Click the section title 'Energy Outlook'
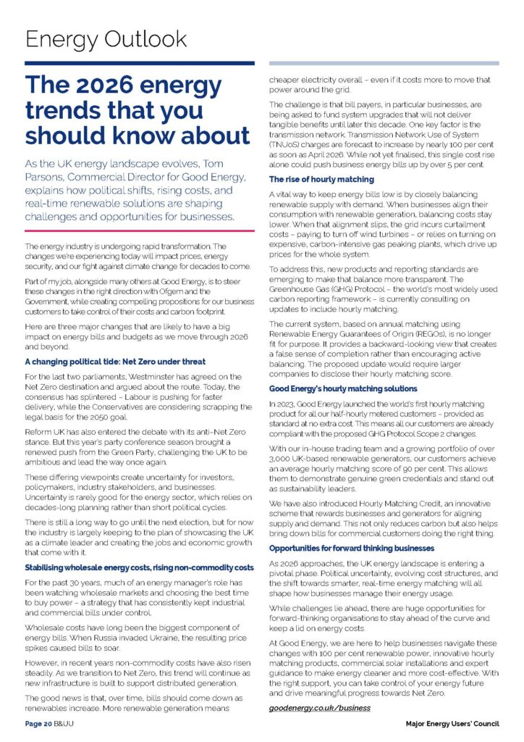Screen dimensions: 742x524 106,38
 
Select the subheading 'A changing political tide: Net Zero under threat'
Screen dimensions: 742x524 115,361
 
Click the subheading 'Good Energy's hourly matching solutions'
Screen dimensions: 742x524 343,388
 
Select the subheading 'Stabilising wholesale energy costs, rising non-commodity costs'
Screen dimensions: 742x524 139,566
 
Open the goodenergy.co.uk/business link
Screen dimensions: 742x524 319,706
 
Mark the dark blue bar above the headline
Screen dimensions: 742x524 140,63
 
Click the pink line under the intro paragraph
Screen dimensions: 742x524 140,230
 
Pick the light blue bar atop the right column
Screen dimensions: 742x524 384,63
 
